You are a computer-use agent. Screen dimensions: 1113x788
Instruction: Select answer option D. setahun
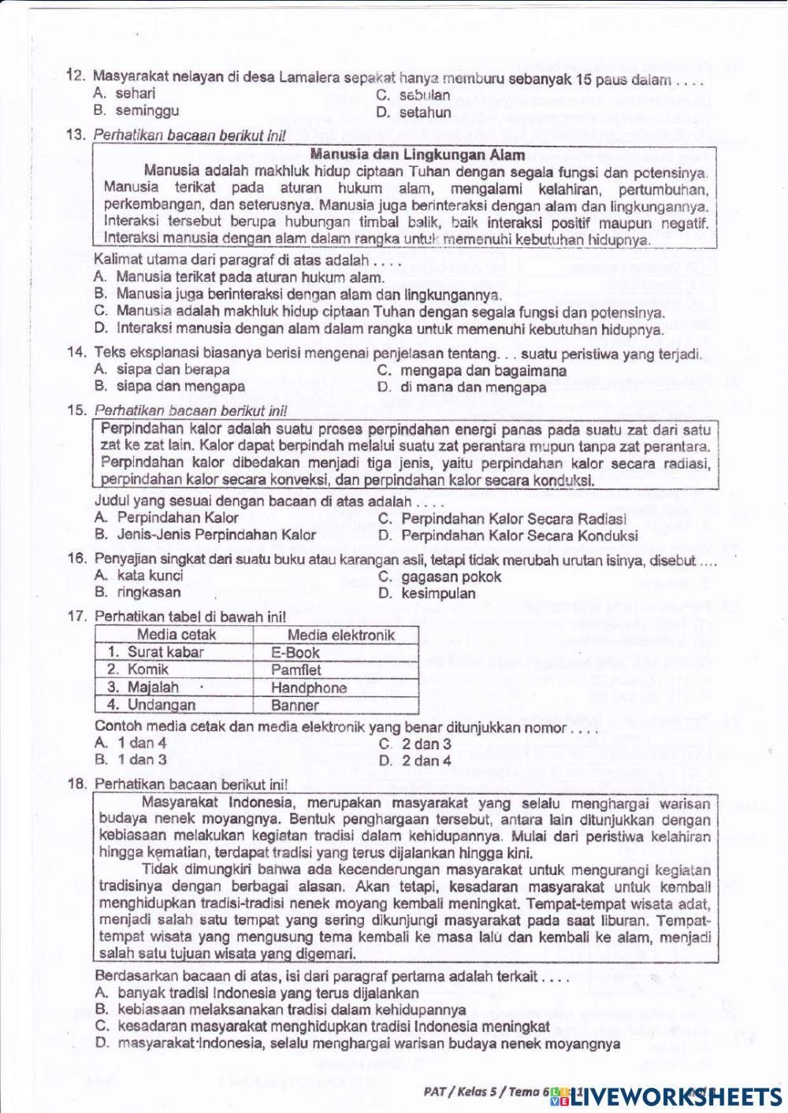414,112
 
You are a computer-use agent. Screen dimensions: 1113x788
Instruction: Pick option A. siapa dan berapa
162,369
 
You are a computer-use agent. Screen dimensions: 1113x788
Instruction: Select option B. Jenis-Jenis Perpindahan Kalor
204,535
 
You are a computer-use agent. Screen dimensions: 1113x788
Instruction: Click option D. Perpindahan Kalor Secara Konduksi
507,536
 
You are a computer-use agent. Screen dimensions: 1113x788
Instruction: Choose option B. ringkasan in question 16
137,592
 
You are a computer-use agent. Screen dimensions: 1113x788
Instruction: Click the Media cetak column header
177,635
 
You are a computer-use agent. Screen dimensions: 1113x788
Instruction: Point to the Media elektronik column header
340,635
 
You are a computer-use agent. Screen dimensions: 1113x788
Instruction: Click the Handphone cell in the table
309,688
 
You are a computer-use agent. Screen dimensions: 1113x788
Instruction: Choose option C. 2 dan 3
414,744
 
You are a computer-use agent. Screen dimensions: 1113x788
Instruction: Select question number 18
77,785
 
